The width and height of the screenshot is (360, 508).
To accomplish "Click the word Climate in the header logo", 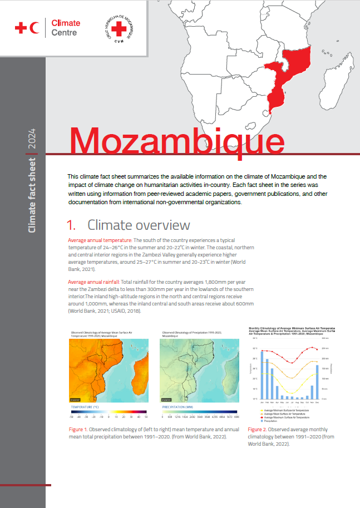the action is (66, 23).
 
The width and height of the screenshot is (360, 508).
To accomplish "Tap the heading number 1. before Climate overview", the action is (71, 225).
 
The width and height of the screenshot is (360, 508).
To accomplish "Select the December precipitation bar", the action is (317, 382).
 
